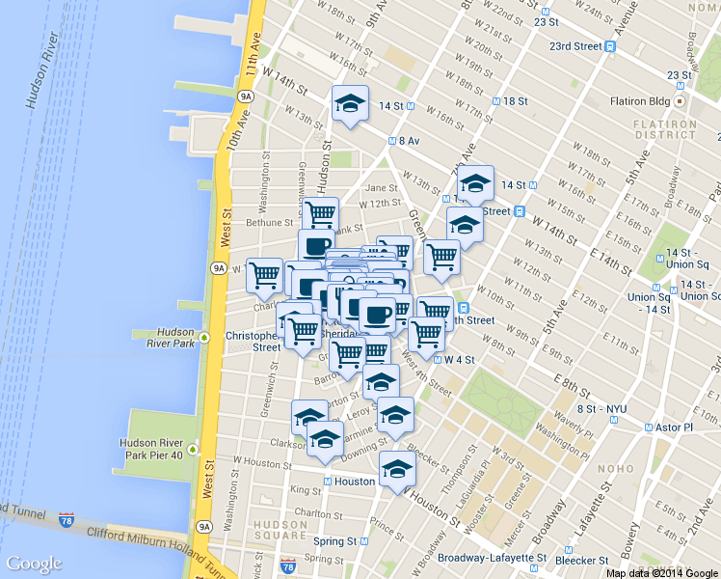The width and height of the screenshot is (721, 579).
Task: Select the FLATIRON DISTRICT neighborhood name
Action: [664, 130]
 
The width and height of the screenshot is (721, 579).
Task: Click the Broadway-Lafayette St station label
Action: [493, 558]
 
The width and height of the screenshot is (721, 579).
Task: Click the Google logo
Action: [34, 564]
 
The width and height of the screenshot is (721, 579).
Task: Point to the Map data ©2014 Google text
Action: [662, 573]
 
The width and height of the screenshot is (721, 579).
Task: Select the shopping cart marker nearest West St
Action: [264, 275]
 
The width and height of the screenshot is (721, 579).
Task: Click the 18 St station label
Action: [515, 101]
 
